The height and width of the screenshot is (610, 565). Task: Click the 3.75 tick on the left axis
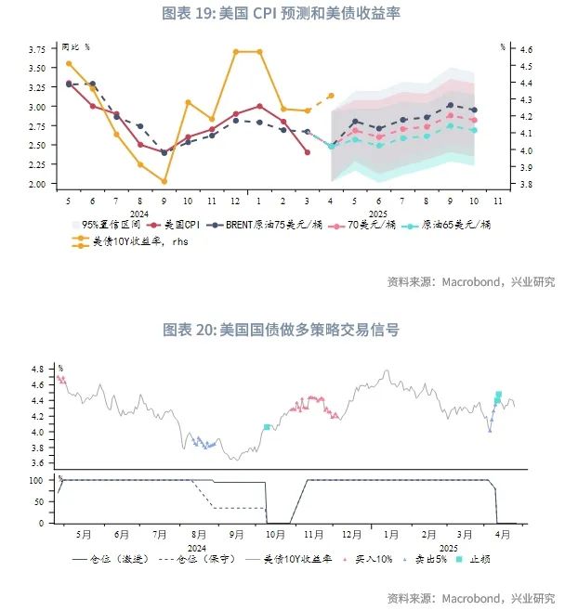(x=36, y=48)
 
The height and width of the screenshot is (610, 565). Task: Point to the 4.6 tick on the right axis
(x=526, y=48)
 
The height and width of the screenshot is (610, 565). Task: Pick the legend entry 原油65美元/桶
(x=456, y=225)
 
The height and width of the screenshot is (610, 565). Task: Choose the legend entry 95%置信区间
(x=109, y=225)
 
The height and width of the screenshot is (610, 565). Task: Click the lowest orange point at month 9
(x=164, y=181)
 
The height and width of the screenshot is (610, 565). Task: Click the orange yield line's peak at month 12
(x=236, y=51)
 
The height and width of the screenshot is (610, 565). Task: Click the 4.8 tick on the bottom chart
(x=38, y=370)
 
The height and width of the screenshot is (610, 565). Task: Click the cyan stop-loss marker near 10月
(x=267, y=427)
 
